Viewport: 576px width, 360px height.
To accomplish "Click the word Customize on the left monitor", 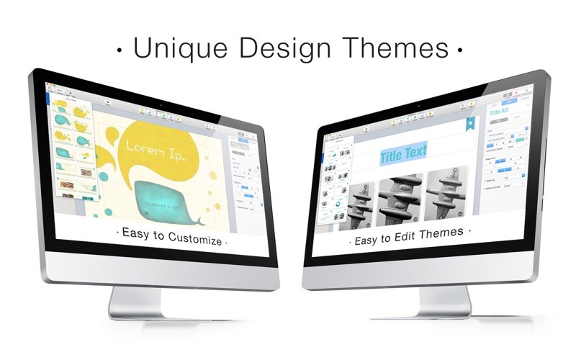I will [x=195, y=241].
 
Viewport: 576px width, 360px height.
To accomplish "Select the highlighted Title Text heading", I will [x=403, y=153].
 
